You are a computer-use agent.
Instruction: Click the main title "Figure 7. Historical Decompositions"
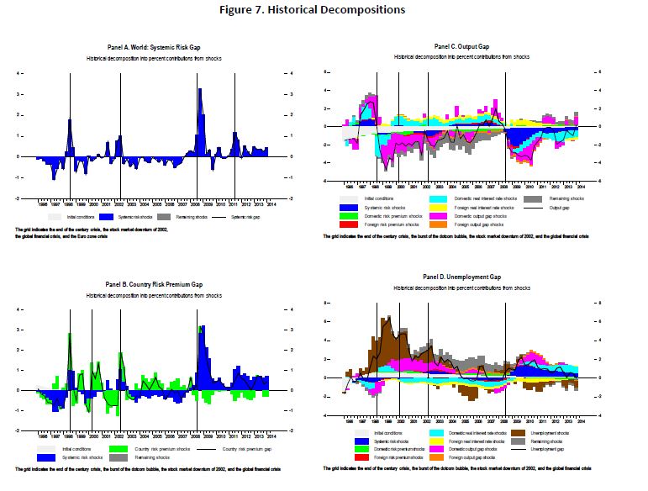(x=323, y=10)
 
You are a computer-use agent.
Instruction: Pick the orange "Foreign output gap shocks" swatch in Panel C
(x=444, y=224)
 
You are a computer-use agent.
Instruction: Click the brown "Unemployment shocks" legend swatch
(x=520, y=431)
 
